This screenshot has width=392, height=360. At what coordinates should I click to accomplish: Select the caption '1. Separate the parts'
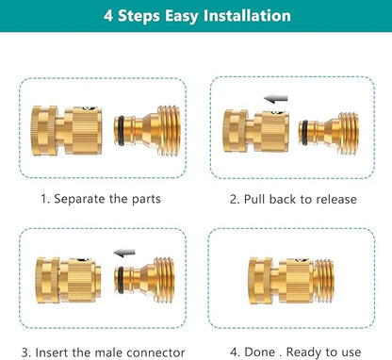(101, 200)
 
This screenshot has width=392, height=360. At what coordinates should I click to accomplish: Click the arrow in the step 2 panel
(275, 98)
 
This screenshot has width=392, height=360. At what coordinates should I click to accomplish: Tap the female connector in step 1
(62, 128)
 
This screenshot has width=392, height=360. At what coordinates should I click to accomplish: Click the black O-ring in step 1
(118, 129)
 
